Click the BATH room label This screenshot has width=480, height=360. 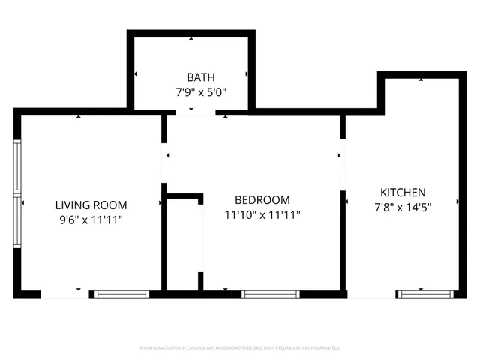(x=200, y=76)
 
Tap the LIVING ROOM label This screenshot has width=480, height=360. (x=91, y=205)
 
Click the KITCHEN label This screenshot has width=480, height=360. (x=403, y=192)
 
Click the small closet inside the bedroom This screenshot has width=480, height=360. (x=184, y=244)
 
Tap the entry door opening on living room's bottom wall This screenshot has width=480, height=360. (x=65, y=294)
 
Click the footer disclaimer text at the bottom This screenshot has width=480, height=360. (x=240, y=348)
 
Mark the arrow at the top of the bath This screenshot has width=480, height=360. (x=190, y=37)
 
